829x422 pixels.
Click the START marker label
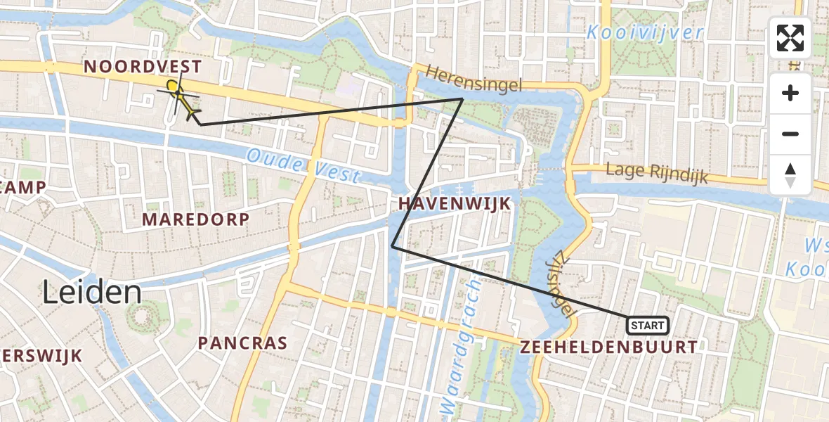[647, 325]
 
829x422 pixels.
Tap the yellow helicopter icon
[182, 102]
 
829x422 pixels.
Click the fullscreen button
[790, 38]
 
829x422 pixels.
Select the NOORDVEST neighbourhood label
[143, 67]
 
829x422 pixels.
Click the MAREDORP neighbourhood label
[195, 219]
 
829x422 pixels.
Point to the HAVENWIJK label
[454, 204]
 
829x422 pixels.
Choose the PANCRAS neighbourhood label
[242, 343]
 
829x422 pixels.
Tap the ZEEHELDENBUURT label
[609, 347]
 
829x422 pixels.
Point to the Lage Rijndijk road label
[658, 173]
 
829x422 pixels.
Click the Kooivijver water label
[645, 32]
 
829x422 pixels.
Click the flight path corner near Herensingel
[462, 99]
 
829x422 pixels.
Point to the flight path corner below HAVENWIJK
[392, 246]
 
